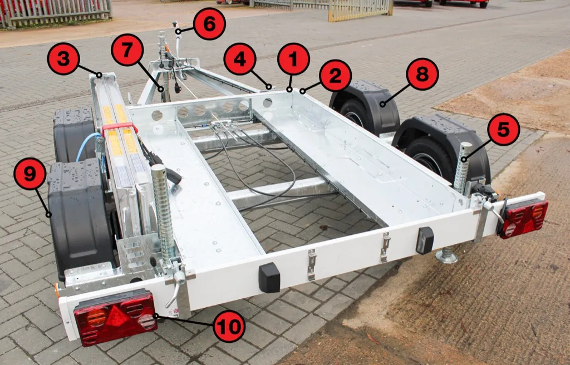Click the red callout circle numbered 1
293,59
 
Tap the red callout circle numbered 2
335,75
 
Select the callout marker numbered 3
63,58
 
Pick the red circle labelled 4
239,59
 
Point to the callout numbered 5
503,130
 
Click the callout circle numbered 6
209,23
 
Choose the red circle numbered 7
127,50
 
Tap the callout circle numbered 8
422,74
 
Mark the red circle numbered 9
30,174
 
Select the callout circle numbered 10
229,326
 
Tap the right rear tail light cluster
524,219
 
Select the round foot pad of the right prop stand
446,257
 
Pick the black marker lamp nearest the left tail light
269,278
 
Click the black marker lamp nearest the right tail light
425,240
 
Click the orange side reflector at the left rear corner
57,290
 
